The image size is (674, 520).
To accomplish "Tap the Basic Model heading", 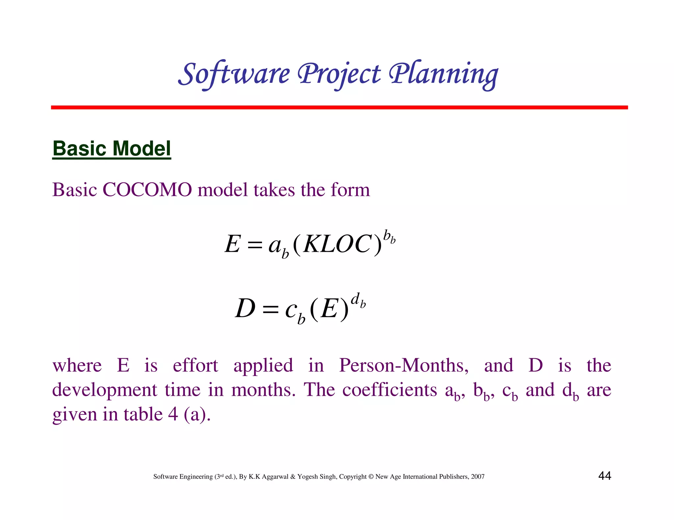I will [x=112, y=149].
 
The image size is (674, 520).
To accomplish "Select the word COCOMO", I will [x=147, y=190].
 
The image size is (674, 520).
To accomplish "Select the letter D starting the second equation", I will [x=246, y=309].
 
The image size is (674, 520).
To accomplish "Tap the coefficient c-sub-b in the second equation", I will [x=295, y=312].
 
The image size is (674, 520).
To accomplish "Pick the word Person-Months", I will [x=404, y=366].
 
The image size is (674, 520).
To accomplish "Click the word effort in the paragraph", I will [x=195, y=366].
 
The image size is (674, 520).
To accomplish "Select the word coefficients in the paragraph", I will [x=389, y=390].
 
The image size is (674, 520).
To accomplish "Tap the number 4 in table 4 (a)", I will [x=173, y=414].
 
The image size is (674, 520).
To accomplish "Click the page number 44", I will [x=605, y=476].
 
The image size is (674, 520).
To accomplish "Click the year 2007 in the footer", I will [x=478, y=477].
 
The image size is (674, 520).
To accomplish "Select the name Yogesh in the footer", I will [x=307, y=477].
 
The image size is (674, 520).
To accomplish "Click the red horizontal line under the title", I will [x=339, y=107].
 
